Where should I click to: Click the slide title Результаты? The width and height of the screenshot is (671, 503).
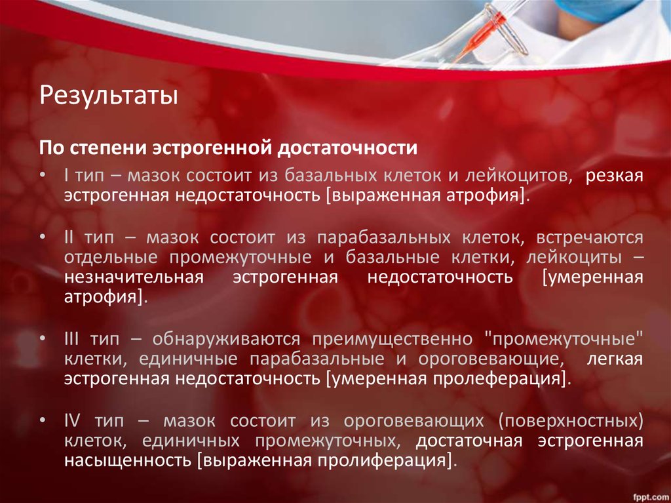click(x=109, y=96)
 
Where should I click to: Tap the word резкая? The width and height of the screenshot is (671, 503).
click(x=615, y=176)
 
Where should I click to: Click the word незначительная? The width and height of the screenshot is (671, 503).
click(x=134, y=277)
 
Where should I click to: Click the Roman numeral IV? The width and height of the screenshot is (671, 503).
click(x=73, y=420)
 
